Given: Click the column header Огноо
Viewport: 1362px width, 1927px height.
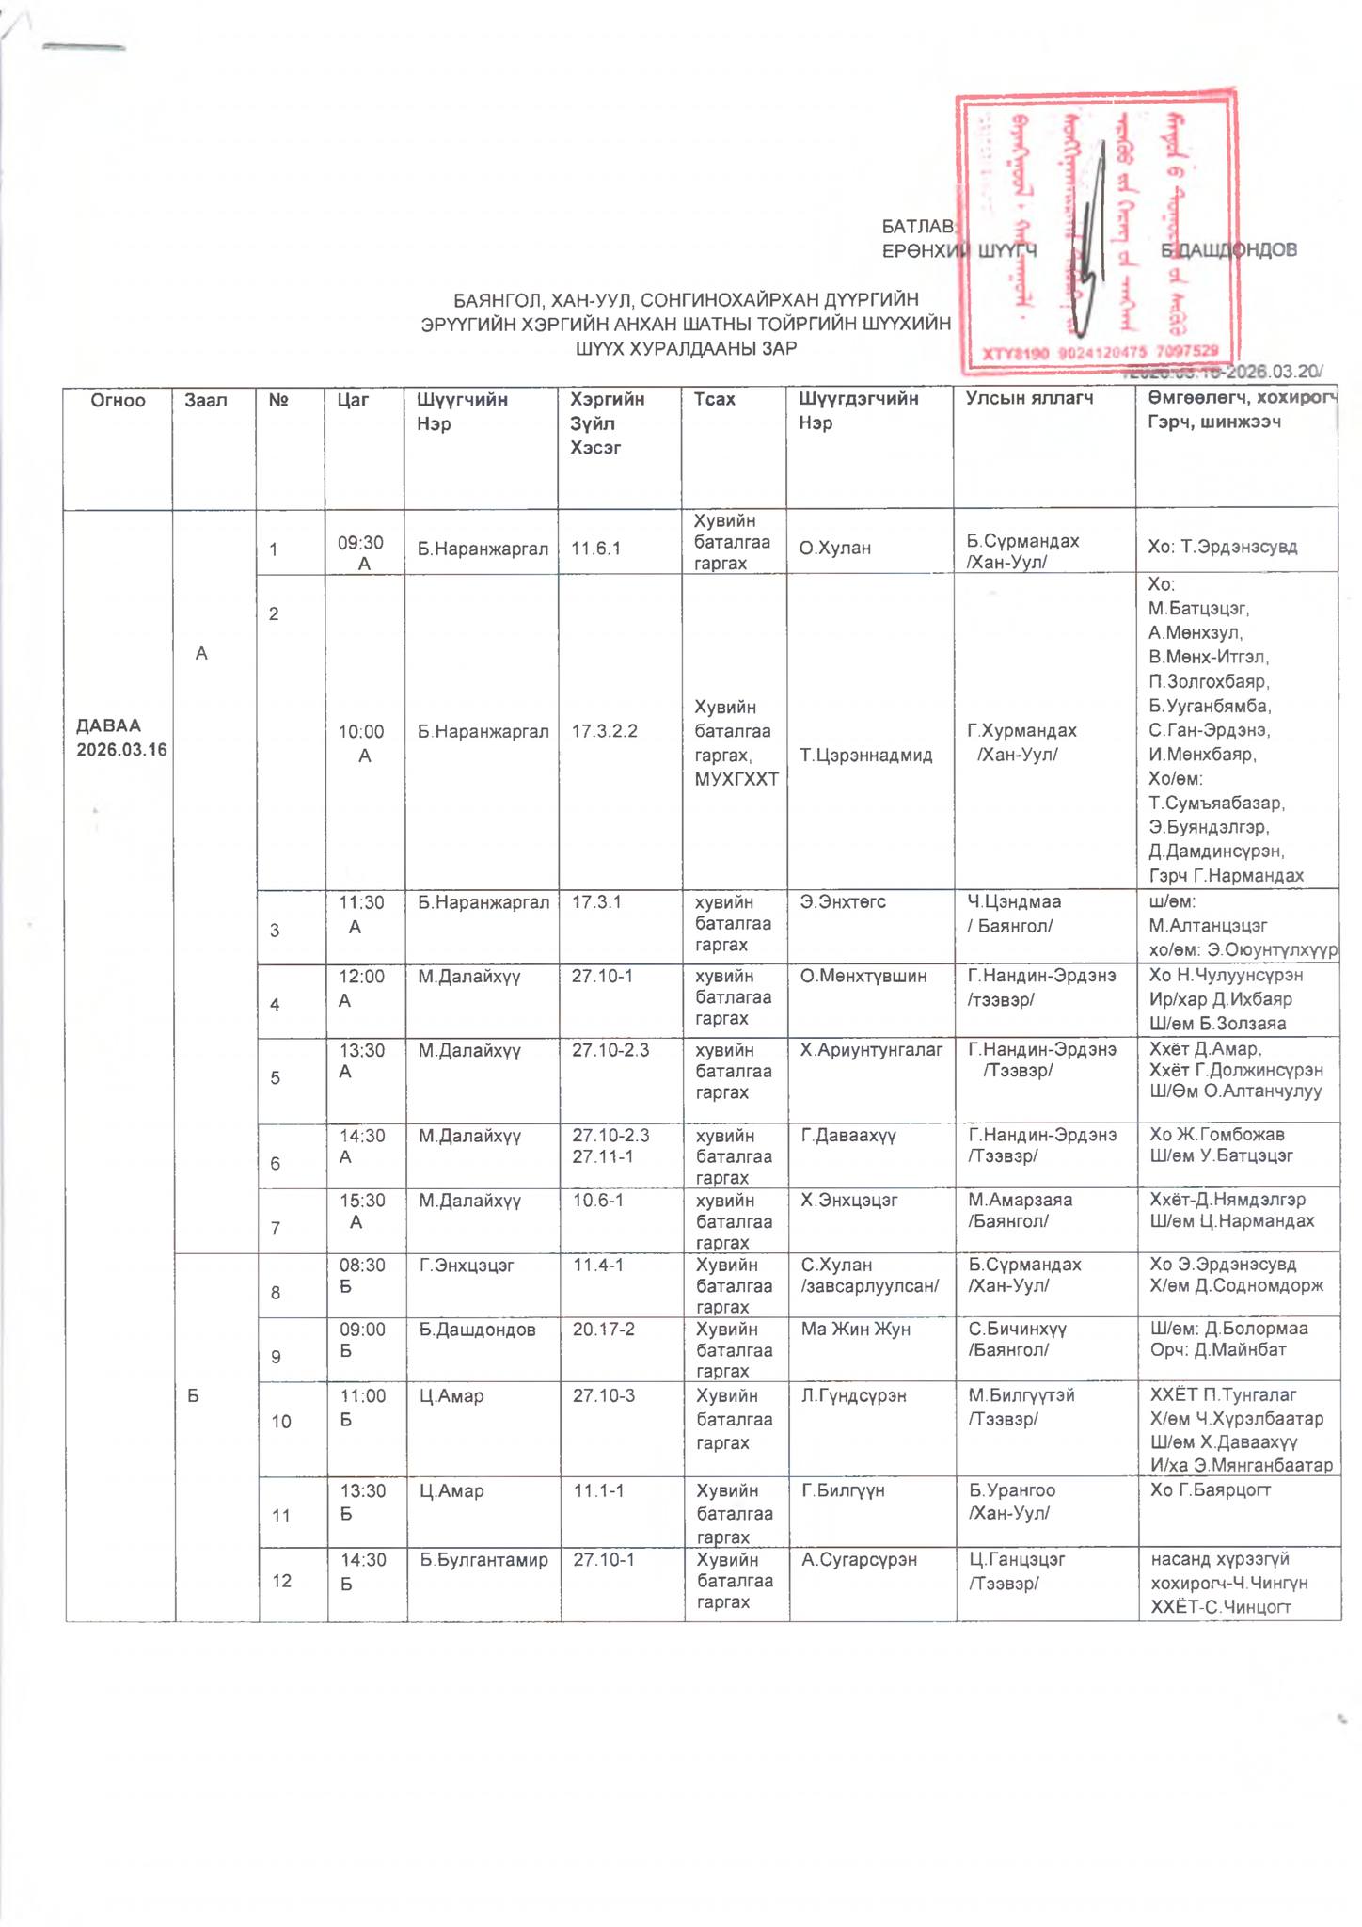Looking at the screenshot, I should coord(118,401).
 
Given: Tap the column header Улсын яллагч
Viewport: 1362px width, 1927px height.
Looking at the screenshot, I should coord(1029,399).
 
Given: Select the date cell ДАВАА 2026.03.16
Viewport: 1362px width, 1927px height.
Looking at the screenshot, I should coord(121,738).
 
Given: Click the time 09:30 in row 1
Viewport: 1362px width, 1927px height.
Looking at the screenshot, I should coord(361,543).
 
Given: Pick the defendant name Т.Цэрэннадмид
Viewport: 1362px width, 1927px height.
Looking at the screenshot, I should coord(865,755).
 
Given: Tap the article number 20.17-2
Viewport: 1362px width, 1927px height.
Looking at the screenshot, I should coord(603,1330).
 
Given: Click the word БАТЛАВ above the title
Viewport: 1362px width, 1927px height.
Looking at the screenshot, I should coord(918,227).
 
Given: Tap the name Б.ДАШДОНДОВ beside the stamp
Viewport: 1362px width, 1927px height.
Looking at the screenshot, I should coord(1228,250).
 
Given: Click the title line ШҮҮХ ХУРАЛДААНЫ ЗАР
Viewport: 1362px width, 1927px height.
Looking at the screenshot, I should coord(686,349).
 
